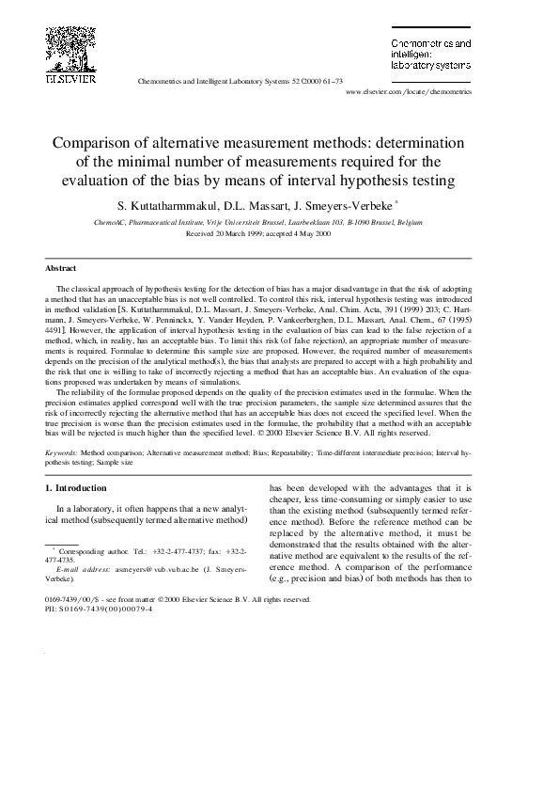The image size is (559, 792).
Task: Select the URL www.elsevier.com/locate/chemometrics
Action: (x=409, y=93)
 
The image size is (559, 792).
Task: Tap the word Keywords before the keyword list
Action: (x=63, y=452)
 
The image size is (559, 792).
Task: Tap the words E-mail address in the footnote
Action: (x=84, y=570)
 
